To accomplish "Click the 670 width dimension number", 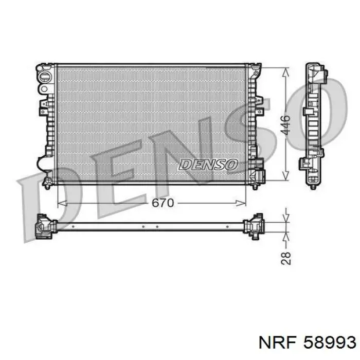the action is [x=163, y=203].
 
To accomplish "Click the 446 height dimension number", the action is [x=285, y=125].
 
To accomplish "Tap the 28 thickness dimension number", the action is [x=286, y=259].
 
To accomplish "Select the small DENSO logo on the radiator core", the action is [x=208, y=165].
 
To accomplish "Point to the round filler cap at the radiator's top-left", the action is [x=45, y=77].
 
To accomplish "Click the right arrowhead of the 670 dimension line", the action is [x=241, y=203].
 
